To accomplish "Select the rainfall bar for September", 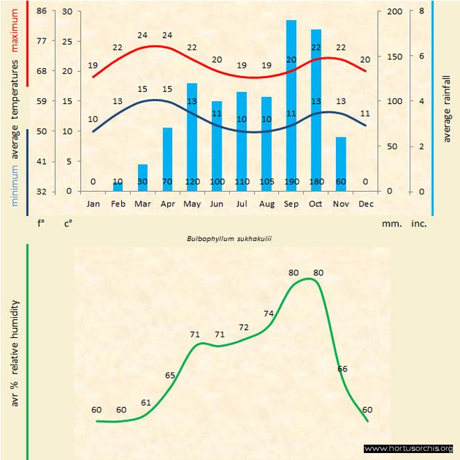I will point(291,105).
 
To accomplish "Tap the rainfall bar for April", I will point(167,159).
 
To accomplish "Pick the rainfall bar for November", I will point(341,164).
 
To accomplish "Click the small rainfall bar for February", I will point(118,186).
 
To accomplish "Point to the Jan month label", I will point(93,204).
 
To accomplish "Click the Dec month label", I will point(366,204).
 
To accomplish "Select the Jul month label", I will point(241,204).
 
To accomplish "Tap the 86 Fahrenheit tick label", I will point(42,11).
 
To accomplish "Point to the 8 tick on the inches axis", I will point(422,11).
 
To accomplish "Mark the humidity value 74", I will point(269,313).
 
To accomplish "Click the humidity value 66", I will point(342,369).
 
